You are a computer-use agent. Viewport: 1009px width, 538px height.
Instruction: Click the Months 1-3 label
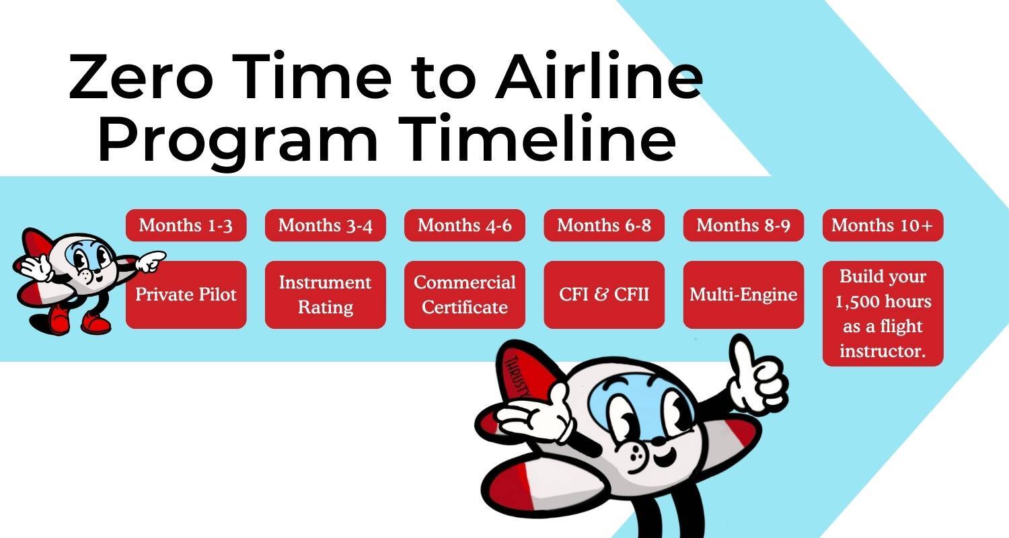click(x=186, y=225)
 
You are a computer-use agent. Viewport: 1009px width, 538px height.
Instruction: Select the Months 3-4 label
click(x=325, y=225)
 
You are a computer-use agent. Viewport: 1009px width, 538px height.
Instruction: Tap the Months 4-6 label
click(x=464, y=225)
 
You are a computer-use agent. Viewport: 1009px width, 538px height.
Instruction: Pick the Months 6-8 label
click(x=604, y=225)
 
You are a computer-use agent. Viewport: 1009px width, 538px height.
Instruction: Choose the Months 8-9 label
click(x=743, y=225)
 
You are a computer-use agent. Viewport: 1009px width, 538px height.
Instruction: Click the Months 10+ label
click(x=883, y=225)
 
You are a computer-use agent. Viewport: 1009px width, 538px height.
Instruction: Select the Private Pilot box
click(x=186, y=295)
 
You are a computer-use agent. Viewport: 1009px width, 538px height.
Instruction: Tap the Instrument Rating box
click(x=325, y=295)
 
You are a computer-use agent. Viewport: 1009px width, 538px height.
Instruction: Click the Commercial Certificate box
click(x=464, y=295)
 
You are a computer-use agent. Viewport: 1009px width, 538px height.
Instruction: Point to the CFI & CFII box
click(x=604, y=295)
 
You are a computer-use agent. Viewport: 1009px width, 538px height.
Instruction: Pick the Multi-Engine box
click(x=743, y=295)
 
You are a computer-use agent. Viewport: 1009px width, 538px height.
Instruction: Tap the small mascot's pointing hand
click(x=149, y=260)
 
